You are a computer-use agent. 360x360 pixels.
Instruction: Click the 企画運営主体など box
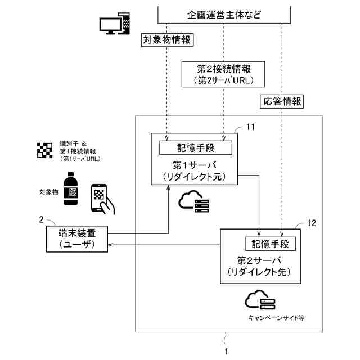click(224, 15)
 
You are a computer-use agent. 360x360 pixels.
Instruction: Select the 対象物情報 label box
click(167, 40)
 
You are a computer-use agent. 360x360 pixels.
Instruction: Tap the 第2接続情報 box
click(223, 74)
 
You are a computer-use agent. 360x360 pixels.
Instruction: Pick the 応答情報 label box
click(282, 101)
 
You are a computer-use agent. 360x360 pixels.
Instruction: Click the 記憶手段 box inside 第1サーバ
click(196, 147)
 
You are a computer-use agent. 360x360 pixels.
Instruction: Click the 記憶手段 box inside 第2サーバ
click(271, 244)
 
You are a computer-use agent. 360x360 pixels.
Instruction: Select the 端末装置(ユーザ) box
click(77, 238)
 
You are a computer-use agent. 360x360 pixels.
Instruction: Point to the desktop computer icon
click(115, 24)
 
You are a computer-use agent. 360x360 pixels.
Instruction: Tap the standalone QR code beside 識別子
click(45, 150)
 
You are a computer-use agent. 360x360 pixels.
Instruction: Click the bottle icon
click(70, 188)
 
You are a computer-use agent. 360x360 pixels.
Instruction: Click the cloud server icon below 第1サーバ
click(193, 201)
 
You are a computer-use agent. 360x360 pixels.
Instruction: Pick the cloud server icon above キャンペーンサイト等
click(260, 300)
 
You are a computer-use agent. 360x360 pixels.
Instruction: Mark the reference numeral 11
click(250, 127)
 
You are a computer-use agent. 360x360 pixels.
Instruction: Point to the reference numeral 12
click(311, 223)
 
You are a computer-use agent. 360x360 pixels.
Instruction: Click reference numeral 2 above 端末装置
click(41, 220)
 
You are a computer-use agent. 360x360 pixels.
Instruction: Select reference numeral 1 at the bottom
click(227, 351)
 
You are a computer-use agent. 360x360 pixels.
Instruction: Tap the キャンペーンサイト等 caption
click(276, 318)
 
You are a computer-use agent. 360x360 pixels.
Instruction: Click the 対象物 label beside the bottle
click(49, 192)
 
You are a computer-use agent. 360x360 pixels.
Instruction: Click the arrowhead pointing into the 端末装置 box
click(110, 245)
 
